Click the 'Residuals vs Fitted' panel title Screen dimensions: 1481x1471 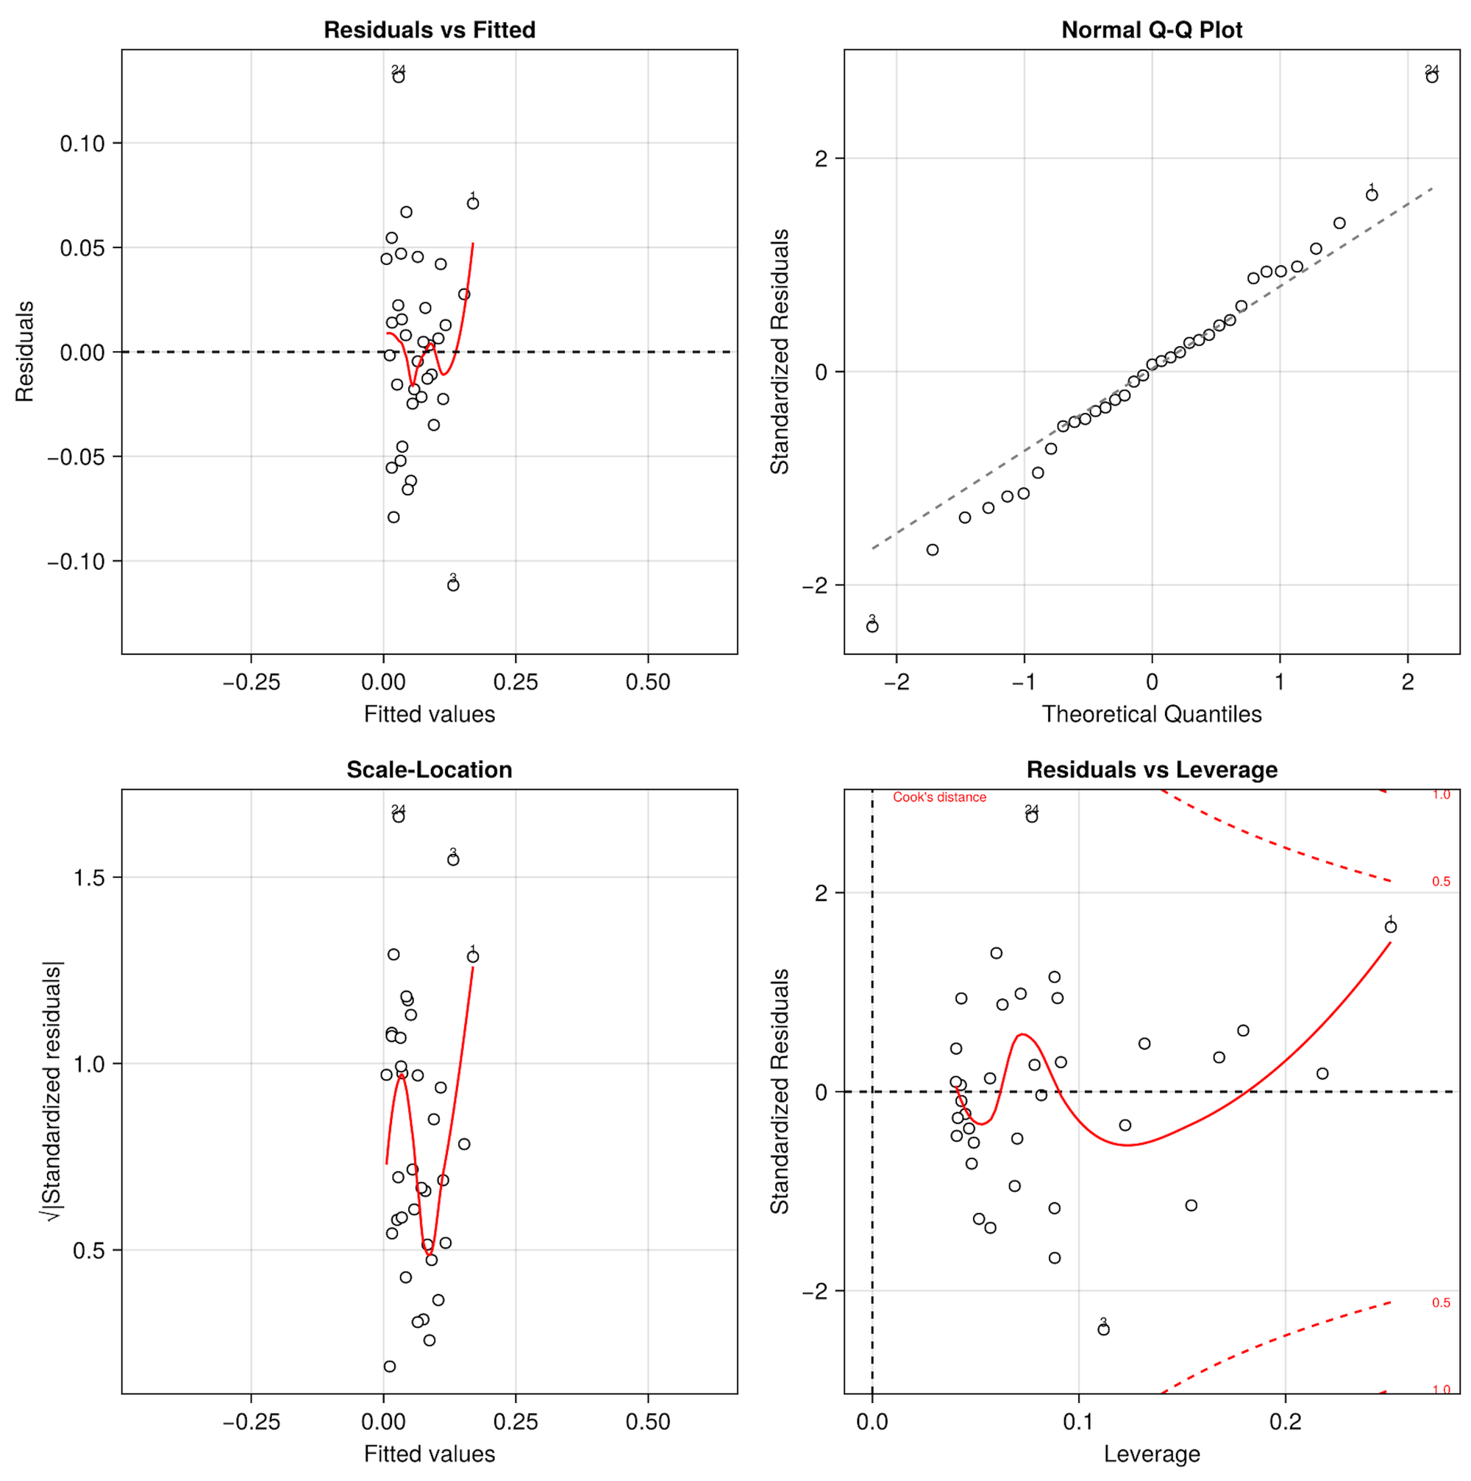tap(429, 30)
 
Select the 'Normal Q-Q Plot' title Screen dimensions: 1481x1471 tap(1152, 30)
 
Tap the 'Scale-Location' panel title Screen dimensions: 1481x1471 tap(429, 770)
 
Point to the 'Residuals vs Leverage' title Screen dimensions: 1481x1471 tap(1152, 770)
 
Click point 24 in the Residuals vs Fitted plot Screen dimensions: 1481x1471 tap(399, 77)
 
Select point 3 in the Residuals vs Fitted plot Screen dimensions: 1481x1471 tap(453, 585)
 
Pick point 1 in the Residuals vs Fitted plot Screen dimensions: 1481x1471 tap(473, 203)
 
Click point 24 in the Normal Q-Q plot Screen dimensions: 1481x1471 tap(1432, 77)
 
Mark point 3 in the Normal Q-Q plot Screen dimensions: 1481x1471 tap(872, 626)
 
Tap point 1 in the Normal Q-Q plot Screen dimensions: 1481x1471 tap(1372, 195)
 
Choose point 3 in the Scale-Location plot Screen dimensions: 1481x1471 tap(453, 860)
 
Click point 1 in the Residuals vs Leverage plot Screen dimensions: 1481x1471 tap(1391, 927)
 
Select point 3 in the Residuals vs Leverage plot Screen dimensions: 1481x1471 tap(1103, 1329)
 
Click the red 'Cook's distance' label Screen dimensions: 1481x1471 tap(939, 797)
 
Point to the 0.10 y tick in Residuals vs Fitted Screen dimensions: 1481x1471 tap(82, 144)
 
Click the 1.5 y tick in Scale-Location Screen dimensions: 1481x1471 tap(89, 877)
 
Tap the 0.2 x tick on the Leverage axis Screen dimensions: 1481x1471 tap(1285, 1422)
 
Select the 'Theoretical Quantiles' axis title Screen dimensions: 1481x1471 tap(1152, 714)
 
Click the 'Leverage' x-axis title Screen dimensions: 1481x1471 tap(1152, 1454)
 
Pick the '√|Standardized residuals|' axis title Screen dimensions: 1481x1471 tap(52, 1092)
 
